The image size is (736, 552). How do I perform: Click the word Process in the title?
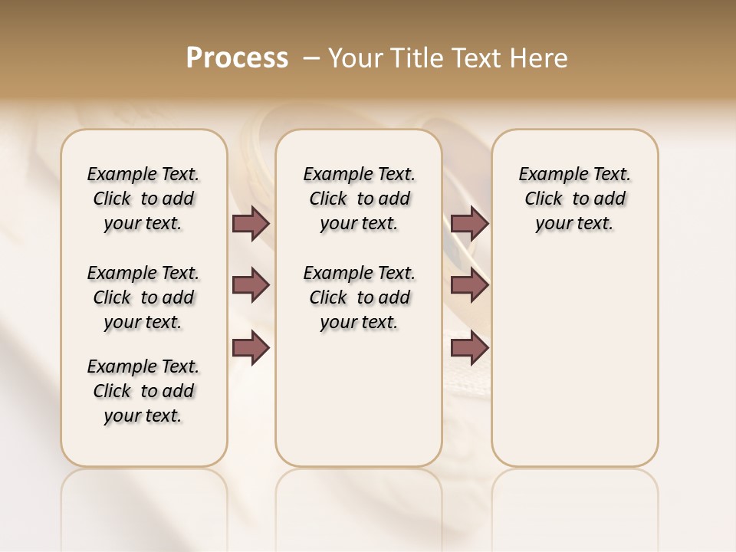click(237, 58)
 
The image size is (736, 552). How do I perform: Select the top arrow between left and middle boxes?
click(251, 223)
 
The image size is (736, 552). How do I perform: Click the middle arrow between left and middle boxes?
click(251, 285)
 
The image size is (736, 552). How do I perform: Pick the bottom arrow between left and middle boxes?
click(251, 348)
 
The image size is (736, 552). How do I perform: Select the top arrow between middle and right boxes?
click(469, 223)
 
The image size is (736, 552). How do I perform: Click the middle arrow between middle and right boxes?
click(469, 285)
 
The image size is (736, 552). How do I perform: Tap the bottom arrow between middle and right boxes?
click(469, 348)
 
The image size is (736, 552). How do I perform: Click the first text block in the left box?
click(143, 199)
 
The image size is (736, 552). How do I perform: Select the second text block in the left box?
click(143, 297)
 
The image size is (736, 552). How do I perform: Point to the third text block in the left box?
click(143, 391)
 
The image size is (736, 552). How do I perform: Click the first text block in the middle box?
click(359, 199)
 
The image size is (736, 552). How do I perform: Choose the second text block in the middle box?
click(359, 297)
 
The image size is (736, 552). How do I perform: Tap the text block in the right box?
click(575, 199)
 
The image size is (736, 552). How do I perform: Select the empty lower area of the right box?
click(575, 360)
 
